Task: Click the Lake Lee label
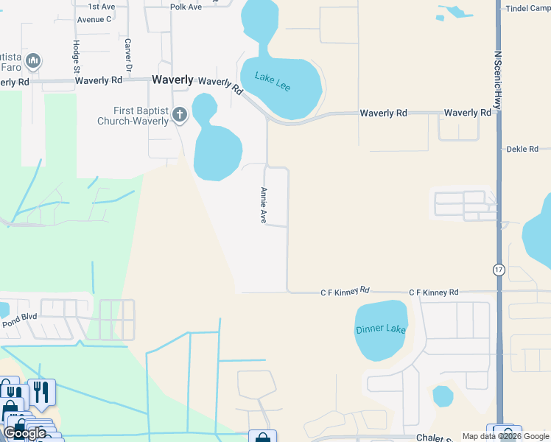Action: (x=273, y=81)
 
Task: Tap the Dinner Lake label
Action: (x=380, y=329)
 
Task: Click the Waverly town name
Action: (x=172, y=80)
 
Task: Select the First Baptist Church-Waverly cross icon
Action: (x=180, y=115)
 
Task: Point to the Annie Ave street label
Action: (x=262, y=205)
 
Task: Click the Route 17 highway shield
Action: (x=499, y=270)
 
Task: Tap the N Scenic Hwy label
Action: (x=498, y=80)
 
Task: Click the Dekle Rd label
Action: (x=523, y=149)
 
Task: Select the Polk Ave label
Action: (x=186, y=7)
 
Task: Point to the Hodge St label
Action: (x=76, y=55)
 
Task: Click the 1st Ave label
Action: (x=102, y=6)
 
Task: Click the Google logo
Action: (x=24, y=432)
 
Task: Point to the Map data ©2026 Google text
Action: (x=504, y=436)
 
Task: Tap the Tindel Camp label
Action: (x=528, y=8)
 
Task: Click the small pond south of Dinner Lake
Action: (x=443, y=396)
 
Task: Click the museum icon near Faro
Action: (x=32, y=60)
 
